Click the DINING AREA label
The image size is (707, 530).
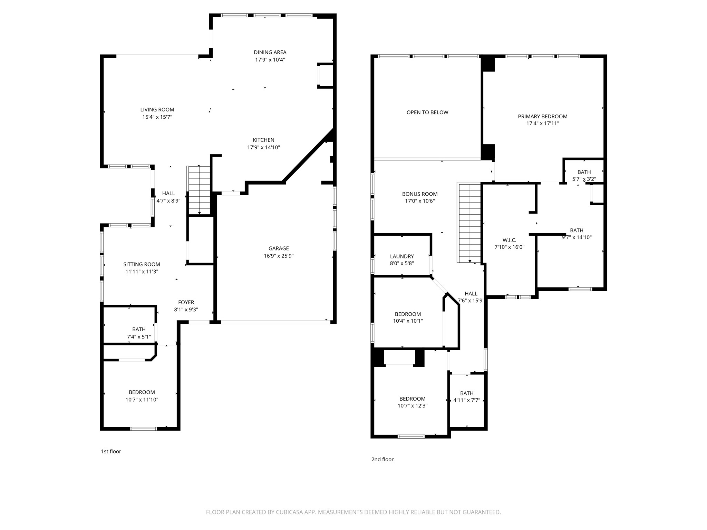point(270,52)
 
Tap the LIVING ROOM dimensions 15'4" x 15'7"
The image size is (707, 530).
point(157,117)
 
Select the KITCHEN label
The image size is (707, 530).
point(263,140)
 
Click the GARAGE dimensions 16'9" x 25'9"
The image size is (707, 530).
point(279,256)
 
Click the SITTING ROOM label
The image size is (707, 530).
point(142,264)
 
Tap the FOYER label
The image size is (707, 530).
point(186,302)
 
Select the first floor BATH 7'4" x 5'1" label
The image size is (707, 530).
point(139,330)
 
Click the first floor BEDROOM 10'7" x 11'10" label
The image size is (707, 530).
point(142,392)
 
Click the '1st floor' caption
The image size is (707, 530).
point(111,451)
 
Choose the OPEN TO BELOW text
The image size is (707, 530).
point(427,112)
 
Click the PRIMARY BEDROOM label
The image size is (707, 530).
point(542,117)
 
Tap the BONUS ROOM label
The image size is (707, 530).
point(419,194)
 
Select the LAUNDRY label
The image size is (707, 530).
point(402,256)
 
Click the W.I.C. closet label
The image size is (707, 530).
point(509,240)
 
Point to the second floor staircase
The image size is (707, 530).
point(469,223)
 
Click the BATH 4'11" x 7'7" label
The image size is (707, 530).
point(466,393)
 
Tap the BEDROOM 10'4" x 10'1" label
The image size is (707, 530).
point(408,314)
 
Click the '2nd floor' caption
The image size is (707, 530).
point(382,459)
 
